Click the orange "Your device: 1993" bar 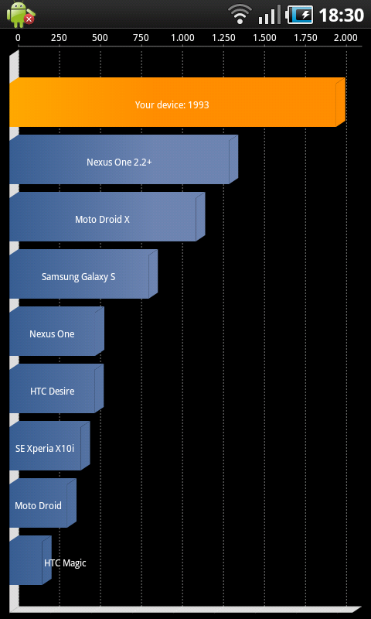pos(177,102)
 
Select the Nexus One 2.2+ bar pos(124,159)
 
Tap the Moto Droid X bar pos(107,217)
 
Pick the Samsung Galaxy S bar pos(83,274)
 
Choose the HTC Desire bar pos(56,389)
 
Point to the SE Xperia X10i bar pos(49,446)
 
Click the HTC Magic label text pos(65,563)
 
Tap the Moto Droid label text pos(38,506)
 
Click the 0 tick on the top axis pos(18,38)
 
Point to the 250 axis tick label pos(59,38)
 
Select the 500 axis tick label pos(100,38)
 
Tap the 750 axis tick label pos(141,38)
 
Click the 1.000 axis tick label pos(182,38)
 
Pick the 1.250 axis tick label pos(223,38)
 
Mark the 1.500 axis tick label pos(264,38)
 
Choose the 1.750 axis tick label pos(305,38)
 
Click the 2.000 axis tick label pos(345,38)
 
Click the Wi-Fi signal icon pos(240,15)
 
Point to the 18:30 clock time pos(341,15)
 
